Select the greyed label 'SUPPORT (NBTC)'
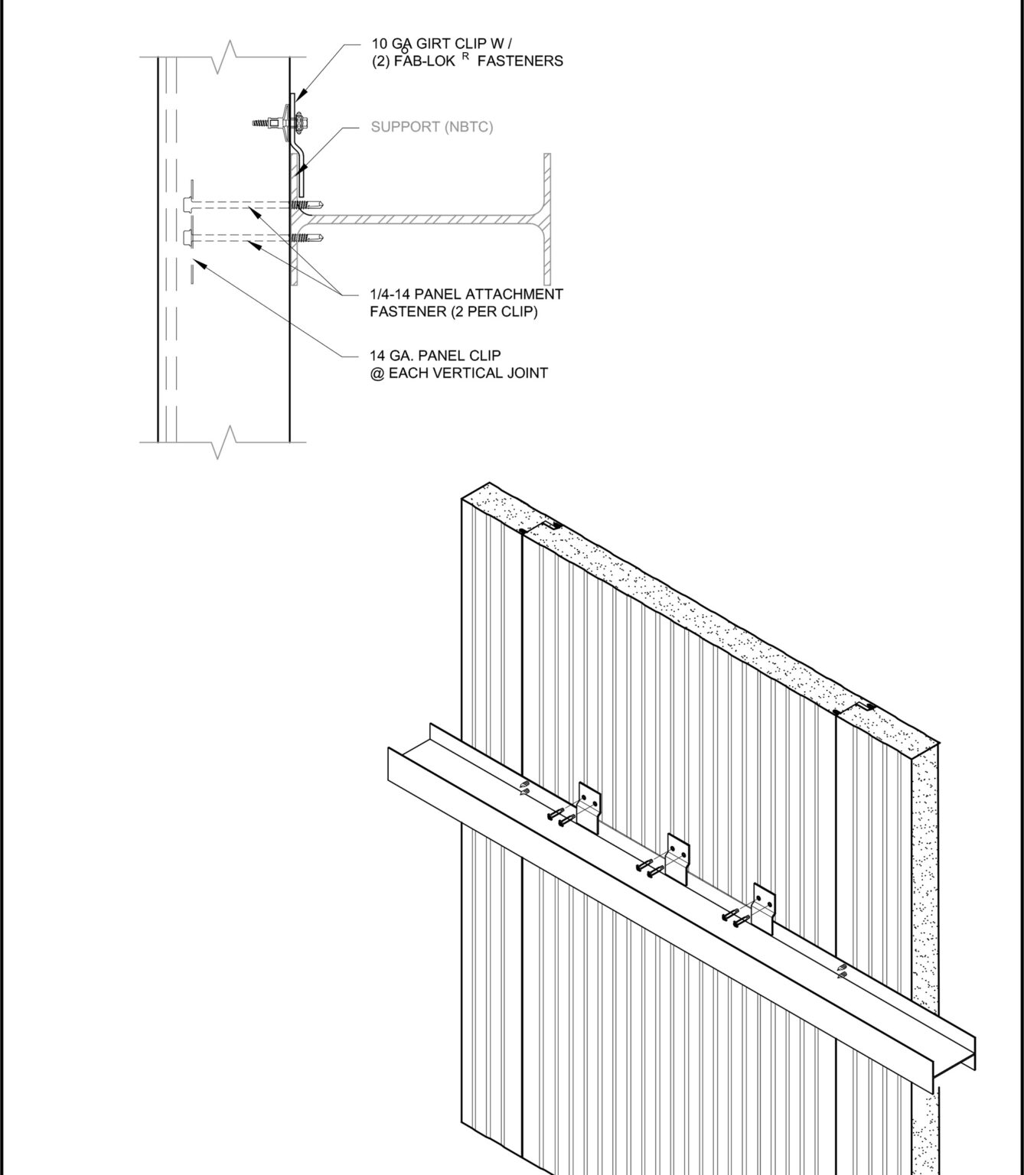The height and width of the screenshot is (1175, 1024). point(432,127)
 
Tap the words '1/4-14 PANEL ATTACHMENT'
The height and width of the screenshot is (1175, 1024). point(466,294)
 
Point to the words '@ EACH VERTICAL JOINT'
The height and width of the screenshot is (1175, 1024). point(458,373)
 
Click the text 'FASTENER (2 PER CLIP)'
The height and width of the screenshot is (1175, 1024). point(453,311)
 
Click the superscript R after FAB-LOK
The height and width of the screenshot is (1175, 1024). point(465,57)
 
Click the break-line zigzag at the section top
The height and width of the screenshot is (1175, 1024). point(224,57)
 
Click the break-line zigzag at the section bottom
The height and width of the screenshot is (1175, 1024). point(224,442)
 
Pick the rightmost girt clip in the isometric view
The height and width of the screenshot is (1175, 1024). point(763,906)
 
